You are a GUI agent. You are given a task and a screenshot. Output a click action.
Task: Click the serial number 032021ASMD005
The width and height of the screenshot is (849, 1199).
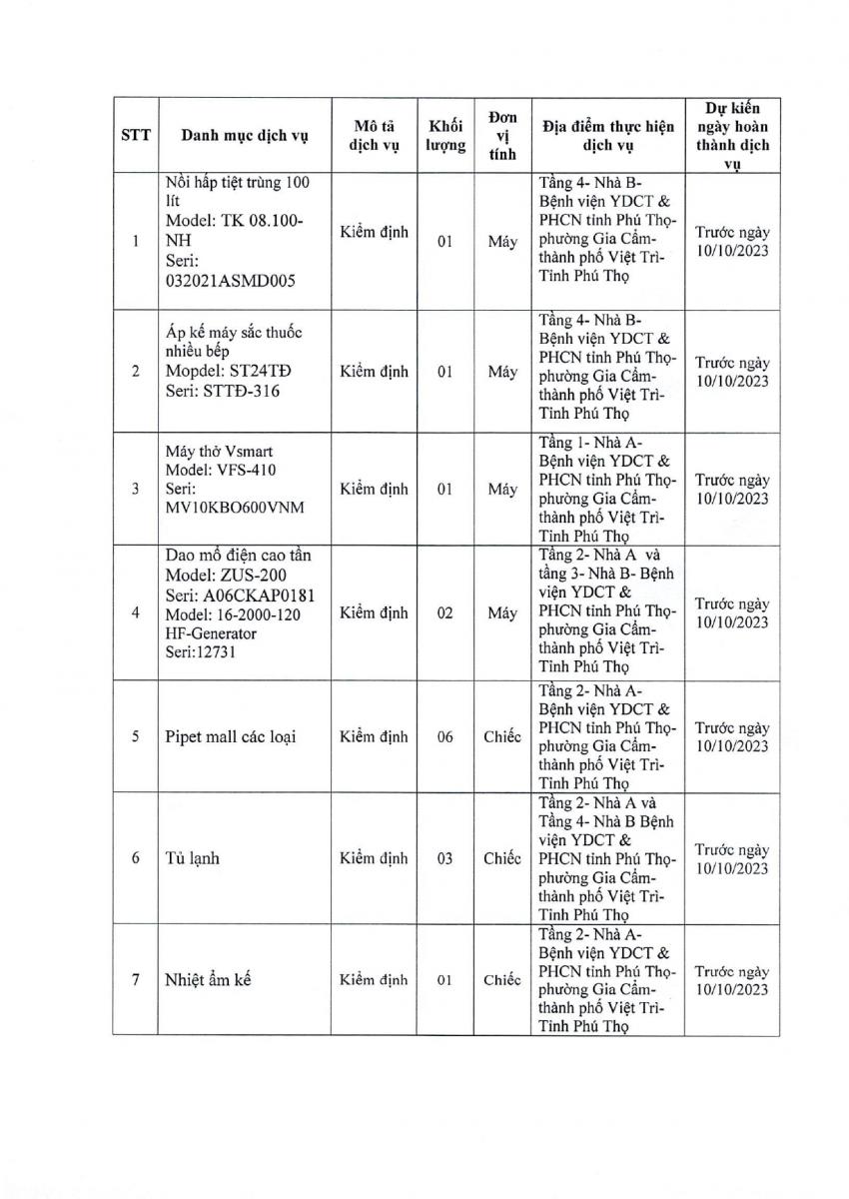(228, 281)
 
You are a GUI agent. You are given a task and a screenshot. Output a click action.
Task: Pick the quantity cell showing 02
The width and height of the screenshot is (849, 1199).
(445, 613)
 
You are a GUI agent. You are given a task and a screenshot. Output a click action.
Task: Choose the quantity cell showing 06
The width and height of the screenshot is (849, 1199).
(445, 737)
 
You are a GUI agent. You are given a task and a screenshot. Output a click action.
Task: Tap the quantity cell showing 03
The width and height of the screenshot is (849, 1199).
(445, 858)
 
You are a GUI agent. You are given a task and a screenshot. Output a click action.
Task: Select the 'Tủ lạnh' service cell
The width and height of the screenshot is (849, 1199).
(192, 858)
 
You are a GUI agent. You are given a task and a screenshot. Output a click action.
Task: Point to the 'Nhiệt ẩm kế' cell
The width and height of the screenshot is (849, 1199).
(208, 979)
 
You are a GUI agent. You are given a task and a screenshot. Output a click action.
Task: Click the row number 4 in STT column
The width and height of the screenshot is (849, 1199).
(136, 613)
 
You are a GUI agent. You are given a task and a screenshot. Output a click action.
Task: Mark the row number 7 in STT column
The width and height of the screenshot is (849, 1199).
(136, 979)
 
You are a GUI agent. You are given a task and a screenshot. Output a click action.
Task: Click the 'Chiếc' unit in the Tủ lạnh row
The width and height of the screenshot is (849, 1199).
(502, 858)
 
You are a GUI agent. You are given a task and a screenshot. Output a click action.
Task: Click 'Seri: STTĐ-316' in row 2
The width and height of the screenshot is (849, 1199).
(223, 391)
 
